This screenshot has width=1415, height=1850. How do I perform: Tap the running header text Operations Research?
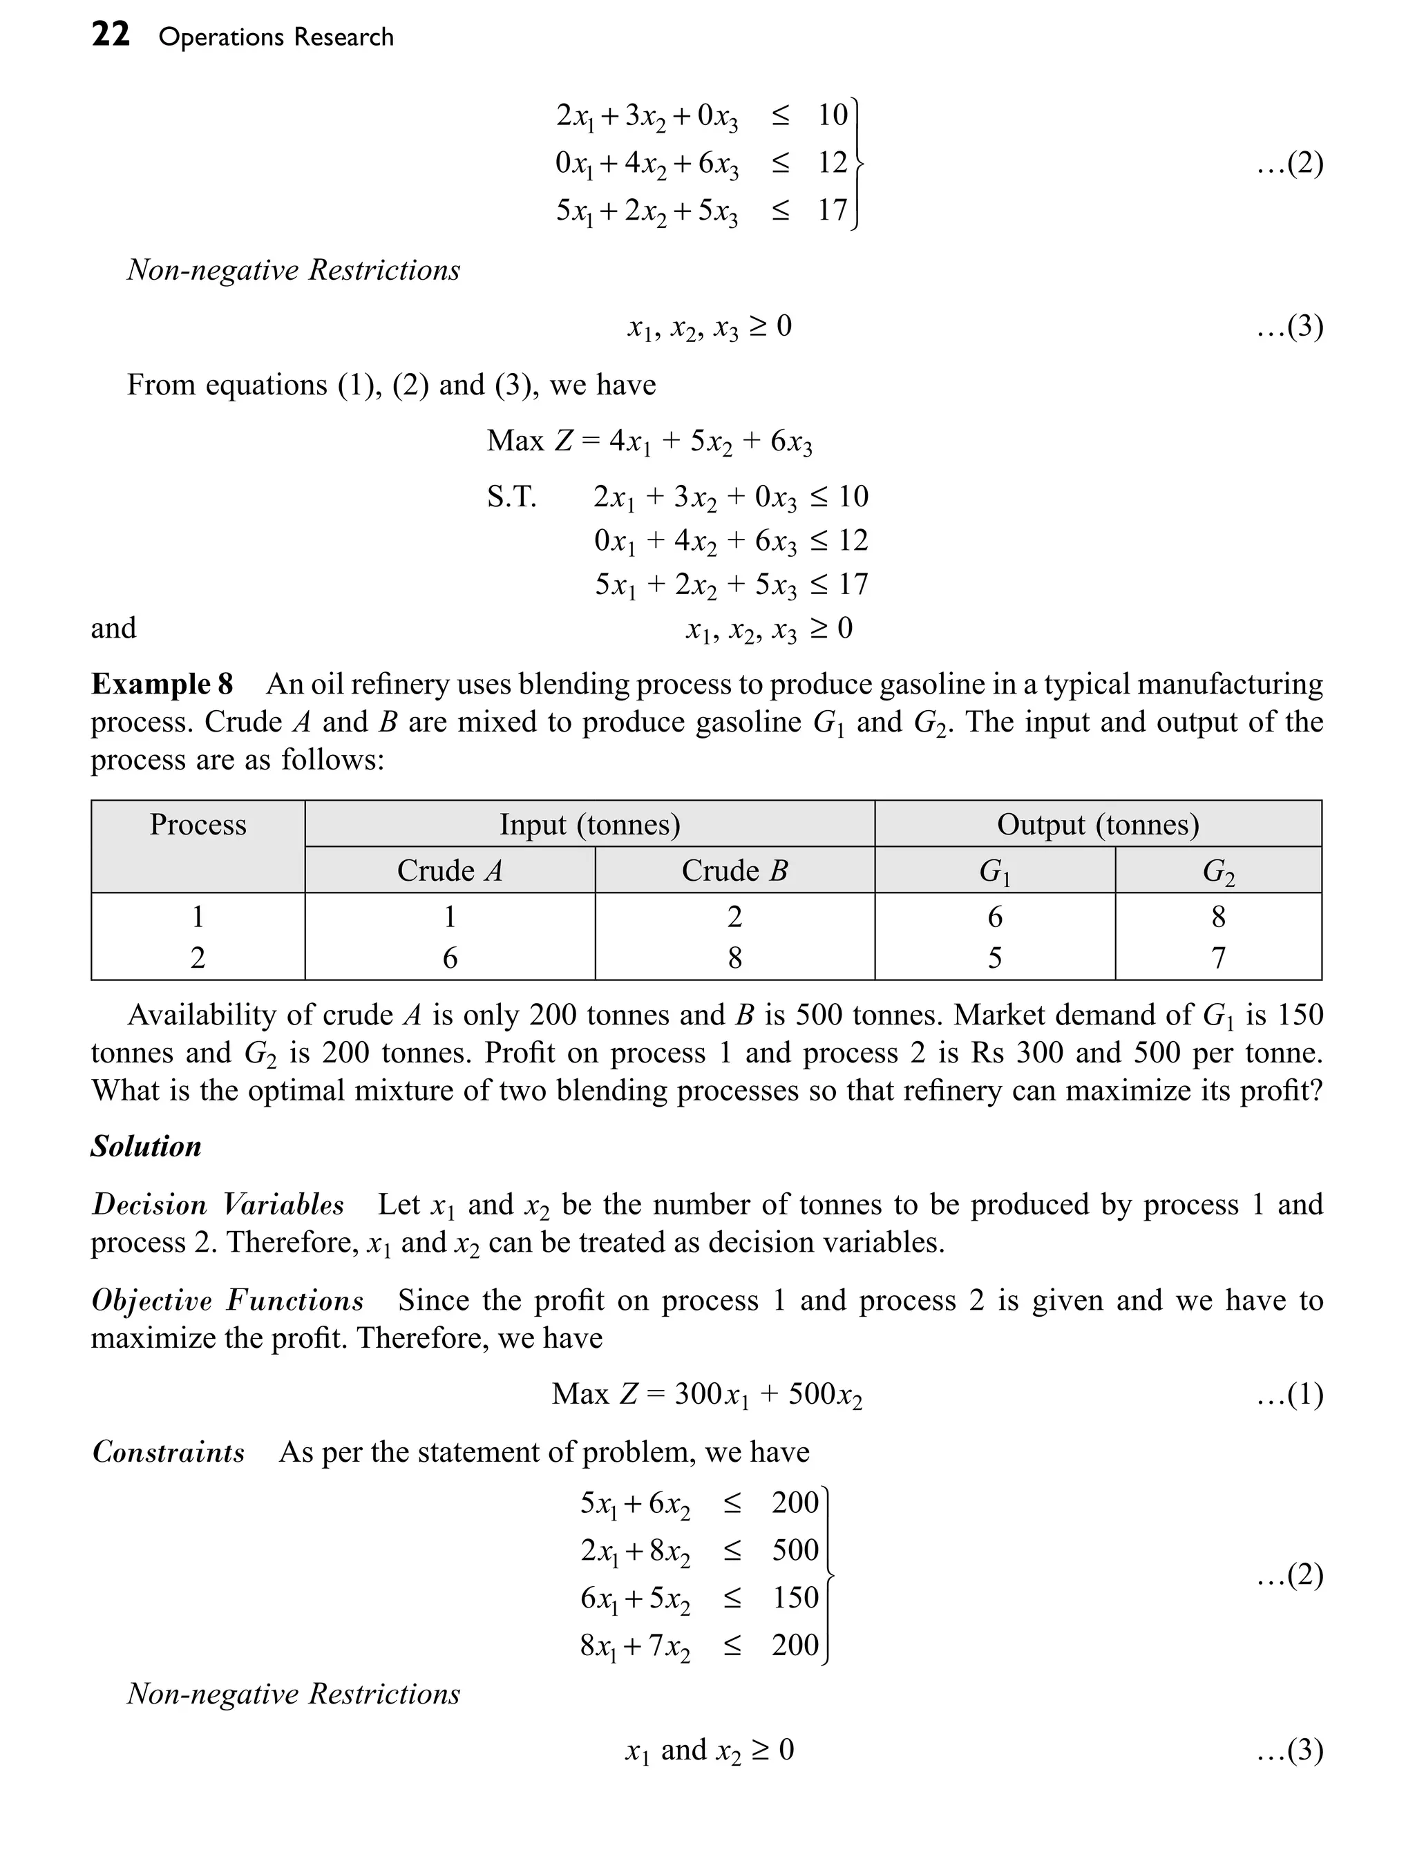click(276, 37)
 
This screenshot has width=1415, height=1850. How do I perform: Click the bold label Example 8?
click(162, 683)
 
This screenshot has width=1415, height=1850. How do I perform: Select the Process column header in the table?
click(198, 823)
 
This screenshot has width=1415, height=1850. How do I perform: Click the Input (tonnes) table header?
click(589, 823)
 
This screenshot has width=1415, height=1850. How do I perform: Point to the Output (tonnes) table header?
click(1097, 823)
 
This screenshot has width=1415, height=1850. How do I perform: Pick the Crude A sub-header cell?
click(450, 870)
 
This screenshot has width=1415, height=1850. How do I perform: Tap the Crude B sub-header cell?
click(734, 870)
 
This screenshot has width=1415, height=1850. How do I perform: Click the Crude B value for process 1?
click(734, 916)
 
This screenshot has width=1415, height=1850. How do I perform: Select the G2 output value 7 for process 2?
click(1218, 957)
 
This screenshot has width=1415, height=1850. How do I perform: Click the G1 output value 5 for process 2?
click(995, 957)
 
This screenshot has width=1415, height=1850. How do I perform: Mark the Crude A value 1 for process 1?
click(450, 916)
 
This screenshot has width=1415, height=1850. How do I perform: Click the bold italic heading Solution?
click(146, 1146)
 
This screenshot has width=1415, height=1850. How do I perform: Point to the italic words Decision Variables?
click(218, 1204)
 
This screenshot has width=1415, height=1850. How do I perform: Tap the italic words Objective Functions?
click(227, 1300)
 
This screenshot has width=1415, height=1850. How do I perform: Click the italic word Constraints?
click(169, 1451)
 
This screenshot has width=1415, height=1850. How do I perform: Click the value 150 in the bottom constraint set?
click(795, 1597)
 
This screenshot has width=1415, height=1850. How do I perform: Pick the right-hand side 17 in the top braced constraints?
click(832, 209)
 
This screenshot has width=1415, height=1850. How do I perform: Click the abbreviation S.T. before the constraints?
click(511, 497)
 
